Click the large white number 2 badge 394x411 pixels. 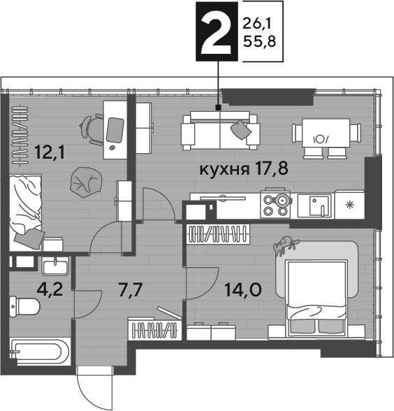coord(217,31)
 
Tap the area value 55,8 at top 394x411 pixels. coord(260,42)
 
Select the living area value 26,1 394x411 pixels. coord(257,24)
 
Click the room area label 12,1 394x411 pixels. coord(50,152)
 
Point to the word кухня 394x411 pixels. coord(224,170)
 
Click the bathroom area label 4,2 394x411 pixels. coord(50,289)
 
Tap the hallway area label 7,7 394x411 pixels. coord(131,290)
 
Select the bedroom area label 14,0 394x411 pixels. coord(243,290)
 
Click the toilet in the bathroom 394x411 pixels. coord(24,306)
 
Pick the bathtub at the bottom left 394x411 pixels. coord(39,351)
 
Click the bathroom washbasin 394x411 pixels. coord(55,266)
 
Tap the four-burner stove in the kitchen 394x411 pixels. coord(275,203)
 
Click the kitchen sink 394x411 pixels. coord(316,206)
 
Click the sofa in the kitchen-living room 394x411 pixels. coord(220,130)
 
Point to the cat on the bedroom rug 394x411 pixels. coord(285,245)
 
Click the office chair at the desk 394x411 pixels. coord(92,129)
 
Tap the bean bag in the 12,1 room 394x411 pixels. coord(86,182)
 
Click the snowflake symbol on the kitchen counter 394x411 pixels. coord(349,204)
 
